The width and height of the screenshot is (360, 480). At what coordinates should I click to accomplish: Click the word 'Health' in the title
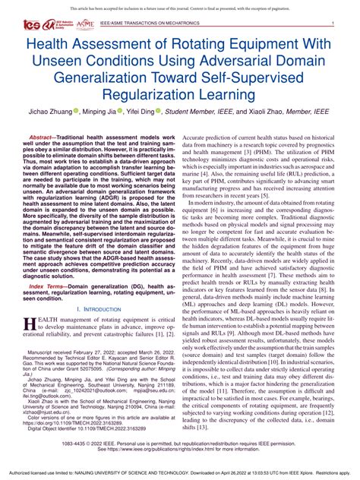[x=49, y=47]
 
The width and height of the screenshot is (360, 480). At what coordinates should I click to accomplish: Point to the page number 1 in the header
[x=333, y=25]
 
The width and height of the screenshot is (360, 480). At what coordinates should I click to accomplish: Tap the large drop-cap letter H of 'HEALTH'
[x=30, y=324]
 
